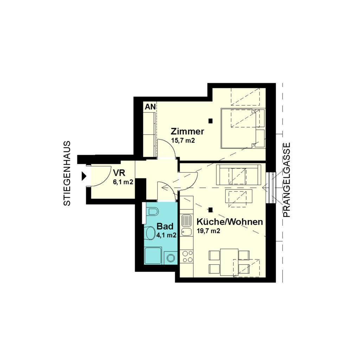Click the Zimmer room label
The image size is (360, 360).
coord(187,131)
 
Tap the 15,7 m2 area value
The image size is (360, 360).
coord(183,140)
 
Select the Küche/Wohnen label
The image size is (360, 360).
coord(230,222)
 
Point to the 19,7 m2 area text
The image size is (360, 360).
coord(208,231)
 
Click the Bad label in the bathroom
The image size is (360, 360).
coord(165,226)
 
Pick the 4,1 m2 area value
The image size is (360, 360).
coord(166,235)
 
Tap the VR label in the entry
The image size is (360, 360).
coord(119,173)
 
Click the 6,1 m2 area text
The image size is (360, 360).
coord(123,182)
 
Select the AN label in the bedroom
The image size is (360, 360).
coord(150,107)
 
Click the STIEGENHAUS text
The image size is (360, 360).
coord(67,173)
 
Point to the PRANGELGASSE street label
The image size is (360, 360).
coord(287,180)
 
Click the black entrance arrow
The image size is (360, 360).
coord(84,176)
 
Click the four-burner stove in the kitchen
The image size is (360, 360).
coord(187,256)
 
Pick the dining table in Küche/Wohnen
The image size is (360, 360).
coord(229,262)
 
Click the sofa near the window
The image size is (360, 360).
coord(239,175)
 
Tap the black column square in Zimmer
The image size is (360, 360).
coord(211,121)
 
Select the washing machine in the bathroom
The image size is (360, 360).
coord(171,258)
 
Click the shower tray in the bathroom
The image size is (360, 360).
coord(153,256)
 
